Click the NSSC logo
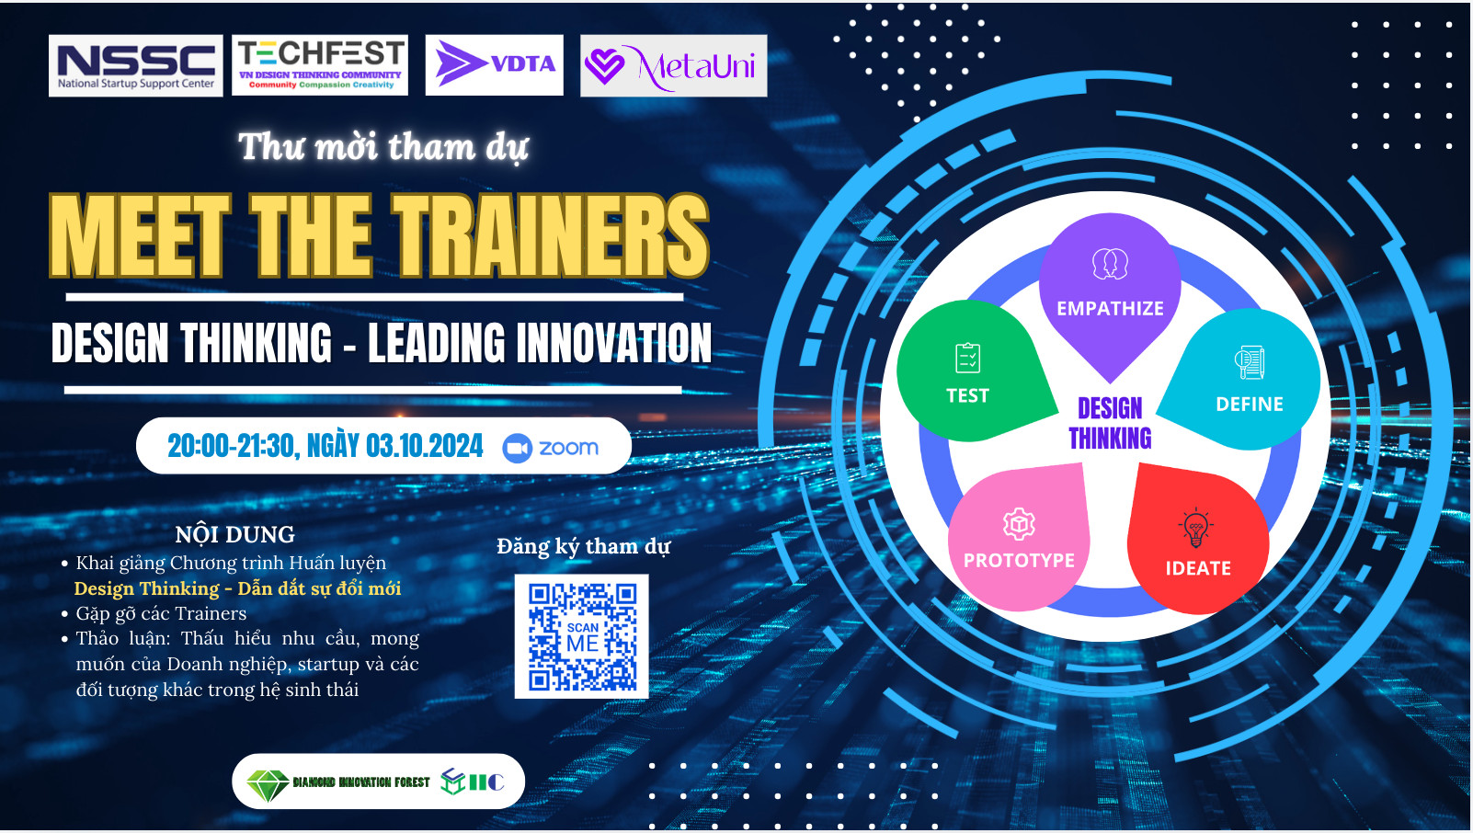pos(136,65)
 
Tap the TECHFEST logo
pos(320,65)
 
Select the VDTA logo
pos(495,65)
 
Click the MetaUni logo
pos(674,66)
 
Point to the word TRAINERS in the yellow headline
pos(553,236)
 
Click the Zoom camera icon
pos(518,448)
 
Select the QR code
pos(582,636)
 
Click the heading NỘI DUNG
pos(234,535)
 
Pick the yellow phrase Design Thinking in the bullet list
pos(146,588)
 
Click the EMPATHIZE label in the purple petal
pos(1110,309)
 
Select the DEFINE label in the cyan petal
pos(1249,405)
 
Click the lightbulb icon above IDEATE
pos(1195,528)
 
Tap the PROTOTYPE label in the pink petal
pos(1019,561)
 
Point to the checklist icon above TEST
pos(968,358)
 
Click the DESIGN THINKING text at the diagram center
pos(1110,423)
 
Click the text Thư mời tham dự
pos(383,147)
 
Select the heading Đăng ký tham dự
pos(583,547)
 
